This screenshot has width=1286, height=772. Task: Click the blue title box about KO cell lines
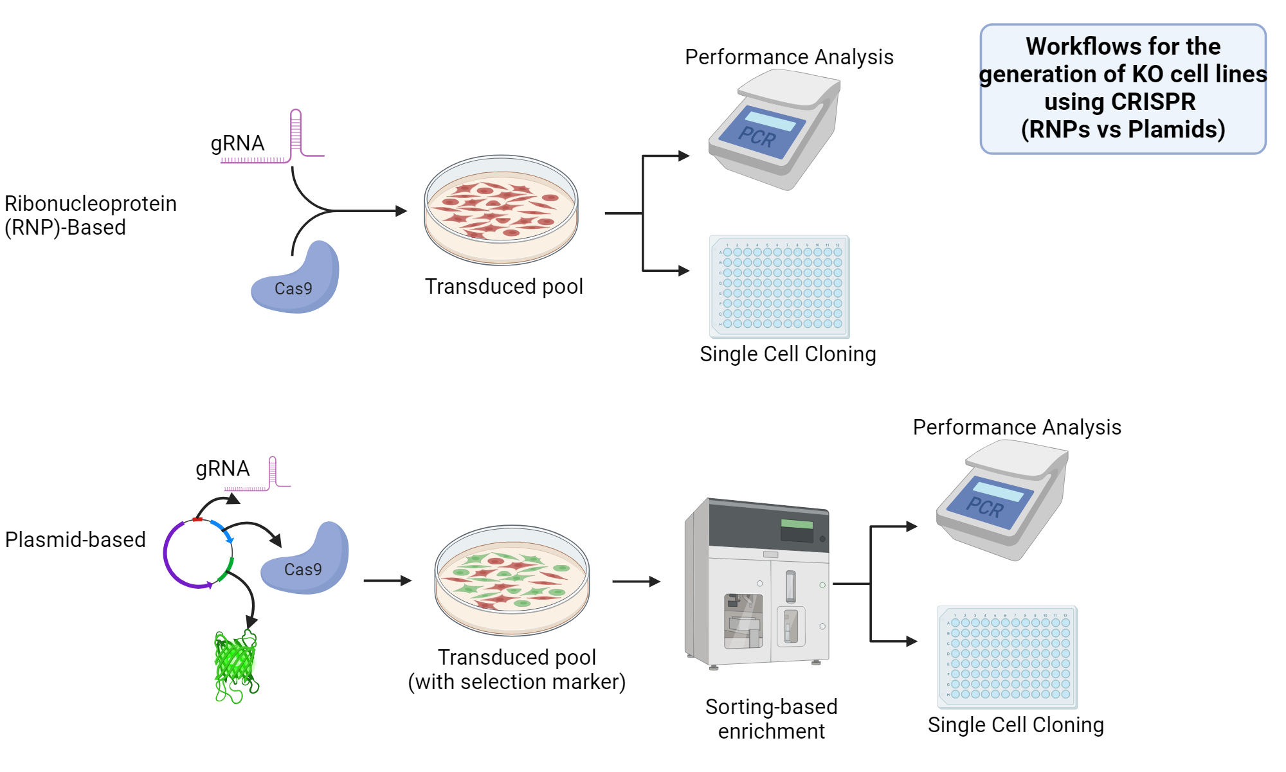coord(1123,89)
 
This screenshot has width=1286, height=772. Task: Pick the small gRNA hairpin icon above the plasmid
coord(273,474)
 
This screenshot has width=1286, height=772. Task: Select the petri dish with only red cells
coord(501,210)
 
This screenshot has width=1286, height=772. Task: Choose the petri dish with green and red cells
coord(512,580)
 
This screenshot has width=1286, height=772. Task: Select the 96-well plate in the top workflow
coord(779,287)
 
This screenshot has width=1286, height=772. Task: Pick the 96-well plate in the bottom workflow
coord(1007,657)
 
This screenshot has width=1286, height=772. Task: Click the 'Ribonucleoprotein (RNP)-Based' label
coord(90,215)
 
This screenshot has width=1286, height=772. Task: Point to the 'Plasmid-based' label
coord(75,539)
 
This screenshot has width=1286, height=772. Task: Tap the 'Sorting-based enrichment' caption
coord(771,719)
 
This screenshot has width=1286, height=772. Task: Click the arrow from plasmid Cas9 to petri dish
coord(386,580)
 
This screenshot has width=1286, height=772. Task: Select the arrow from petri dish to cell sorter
coord(635,582)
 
